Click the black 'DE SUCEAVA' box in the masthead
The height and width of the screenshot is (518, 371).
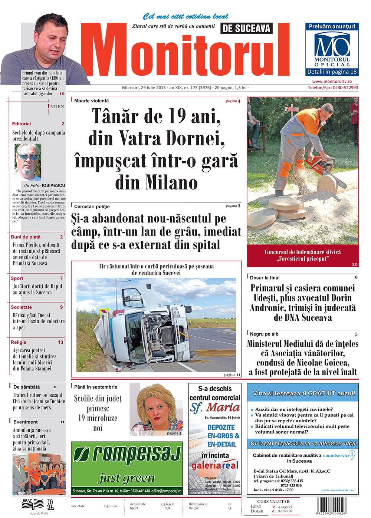click(x=246, y=28)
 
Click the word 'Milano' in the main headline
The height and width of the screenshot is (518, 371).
click(x=156, y=182)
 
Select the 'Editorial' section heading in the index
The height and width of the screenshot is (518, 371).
click(x=22, y=124)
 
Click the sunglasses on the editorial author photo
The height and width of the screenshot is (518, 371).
click(x=28, y=157)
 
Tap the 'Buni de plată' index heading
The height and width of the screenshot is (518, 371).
click(x=26, y=237)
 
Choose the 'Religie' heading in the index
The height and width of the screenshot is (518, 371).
click(x=19, y=342)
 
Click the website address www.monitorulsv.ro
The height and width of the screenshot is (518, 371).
click(x=332, y=81)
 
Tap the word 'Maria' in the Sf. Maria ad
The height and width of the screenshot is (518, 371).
click(x=223, y=407)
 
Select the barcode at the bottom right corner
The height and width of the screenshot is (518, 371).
click(x=331, y=505)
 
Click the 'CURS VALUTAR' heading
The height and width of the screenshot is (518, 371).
click(x=273, y=501)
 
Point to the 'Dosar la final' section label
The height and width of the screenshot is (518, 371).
click(x=265, y=278)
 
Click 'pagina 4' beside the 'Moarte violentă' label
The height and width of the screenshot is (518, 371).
click(x=233, y=101)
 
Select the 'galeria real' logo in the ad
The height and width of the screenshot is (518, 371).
click(x=215, y=465)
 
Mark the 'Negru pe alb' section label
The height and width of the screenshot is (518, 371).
click(x=264, y=334)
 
